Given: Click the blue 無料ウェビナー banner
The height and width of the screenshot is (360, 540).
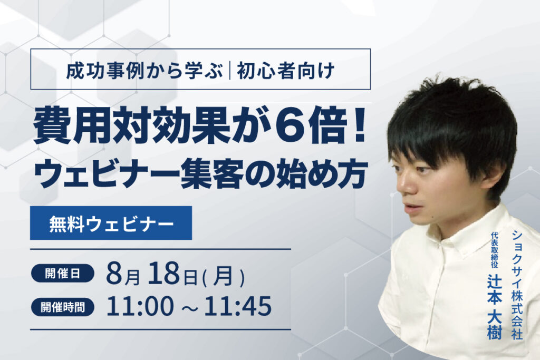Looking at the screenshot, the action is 111,223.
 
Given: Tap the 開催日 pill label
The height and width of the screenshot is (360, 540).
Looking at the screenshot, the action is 62,274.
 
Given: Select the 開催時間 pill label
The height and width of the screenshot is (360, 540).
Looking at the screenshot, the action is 62,307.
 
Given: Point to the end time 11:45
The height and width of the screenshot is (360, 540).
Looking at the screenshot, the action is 238,306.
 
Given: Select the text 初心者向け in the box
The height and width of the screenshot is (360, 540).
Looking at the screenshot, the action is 285,71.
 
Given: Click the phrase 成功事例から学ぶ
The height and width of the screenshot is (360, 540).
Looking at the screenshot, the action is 144,71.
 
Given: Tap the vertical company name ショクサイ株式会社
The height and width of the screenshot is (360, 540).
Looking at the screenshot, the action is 517,284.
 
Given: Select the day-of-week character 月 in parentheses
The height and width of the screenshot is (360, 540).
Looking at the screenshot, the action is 223,276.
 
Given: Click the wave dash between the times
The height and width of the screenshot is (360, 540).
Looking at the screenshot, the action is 189,308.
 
